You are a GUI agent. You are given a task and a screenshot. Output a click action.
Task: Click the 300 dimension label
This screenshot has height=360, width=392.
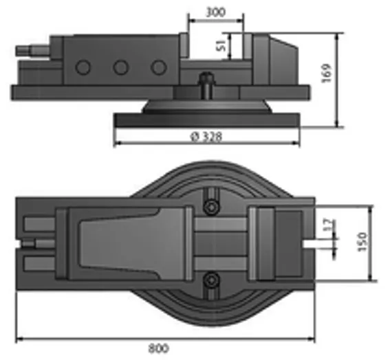[x=215, y=12]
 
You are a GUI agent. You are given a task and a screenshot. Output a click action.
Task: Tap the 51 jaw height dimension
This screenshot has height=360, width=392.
[x=221, y=46]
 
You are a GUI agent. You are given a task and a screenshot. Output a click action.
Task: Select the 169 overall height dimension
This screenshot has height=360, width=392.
[x=326, y=74]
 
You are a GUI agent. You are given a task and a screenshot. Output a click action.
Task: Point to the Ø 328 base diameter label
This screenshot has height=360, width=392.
[x=206, y=137]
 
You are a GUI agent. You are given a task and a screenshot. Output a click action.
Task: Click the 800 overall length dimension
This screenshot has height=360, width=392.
[x=158, y=348]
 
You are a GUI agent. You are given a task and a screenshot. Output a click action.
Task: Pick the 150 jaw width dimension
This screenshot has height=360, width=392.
[x=362, y=242]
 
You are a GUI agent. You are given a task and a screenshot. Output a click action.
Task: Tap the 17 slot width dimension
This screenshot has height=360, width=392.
[x=329, y=225]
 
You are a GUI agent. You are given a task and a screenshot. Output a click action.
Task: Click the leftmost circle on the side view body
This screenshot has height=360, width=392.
[x=83, y=67]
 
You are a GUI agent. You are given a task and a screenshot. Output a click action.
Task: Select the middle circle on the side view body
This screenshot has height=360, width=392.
[x=121, y=67]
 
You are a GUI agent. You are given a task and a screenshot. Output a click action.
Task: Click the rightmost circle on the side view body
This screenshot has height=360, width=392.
[x=159, y=67]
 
